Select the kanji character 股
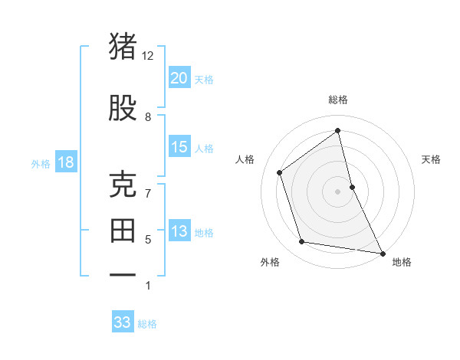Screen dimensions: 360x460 tap(123, 108)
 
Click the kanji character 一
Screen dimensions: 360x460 tap(123, 273)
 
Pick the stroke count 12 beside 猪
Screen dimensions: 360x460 tap(148, 56)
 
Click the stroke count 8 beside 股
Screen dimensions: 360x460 tap(148, 116)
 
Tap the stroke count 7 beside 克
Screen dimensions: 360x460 tap(148, 193)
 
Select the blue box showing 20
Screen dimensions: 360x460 tap(179, 77)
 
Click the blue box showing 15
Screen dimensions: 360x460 tap(179, 147)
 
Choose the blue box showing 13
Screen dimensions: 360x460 tap(179, 231)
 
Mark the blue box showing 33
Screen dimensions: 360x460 tap(123, 322)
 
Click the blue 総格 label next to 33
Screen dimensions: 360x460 tap(147, 324)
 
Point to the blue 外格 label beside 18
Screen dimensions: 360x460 tap(41, 163)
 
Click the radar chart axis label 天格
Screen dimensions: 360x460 tap(431, 159)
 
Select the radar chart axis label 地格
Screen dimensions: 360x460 tap(402, 262)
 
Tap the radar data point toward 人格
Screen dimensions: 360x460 tap(280, 172)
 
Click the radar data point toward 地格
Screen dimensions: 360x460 tap(382, 252)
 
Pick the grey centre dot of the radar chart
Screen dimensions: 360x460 tap(337, 191)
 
